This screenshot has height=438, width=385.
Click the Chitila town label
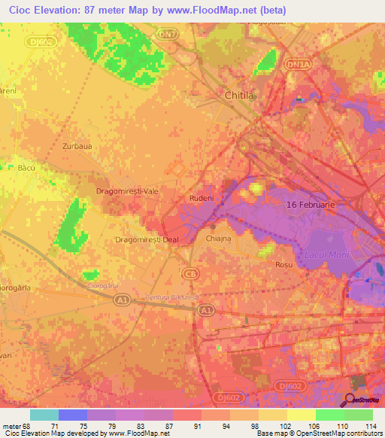click(x=240, y=96)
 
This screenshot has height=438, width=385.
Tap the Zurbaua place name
click(x=77, y=146)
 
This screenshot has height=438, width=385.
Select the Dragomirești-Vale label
click(x=126, y=192)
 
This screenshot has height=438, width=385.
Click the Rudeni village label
click(x=202, y=199)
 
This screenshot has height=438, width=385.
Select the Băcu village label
click(x=26, y=169)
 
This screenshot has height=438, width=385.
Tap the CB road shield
click(x=190, y=273)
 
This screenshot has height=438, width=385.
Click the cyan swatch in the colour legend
click(x=44, y=414)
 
